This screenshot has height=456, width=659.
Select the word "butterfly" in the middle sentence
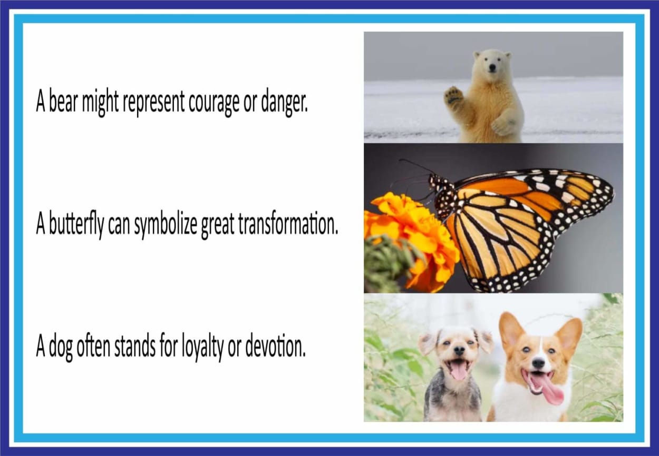click(76, 224)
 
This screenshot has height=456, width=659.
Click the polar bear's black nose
click(492, 70)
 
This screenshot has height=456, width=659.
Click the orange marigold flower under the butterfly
click(412, 241)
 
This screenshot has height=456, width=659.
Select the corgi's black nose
click(539, 364)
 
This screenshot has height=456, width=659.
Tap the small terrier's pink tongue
click(459, 371)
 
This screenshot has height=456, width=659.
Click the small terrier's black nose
click(459, 350)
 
